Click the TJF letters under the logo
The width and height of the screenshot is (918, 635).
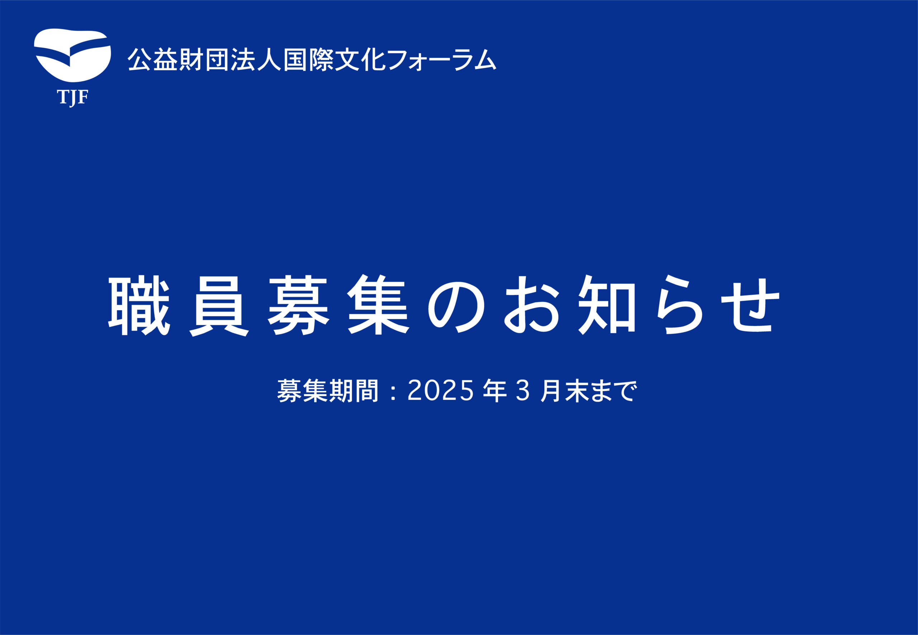point(72,98)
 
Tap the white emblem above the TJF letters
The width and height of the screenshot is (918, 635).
point(72,55)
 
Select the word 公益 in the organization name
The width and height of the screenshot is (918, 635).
point(153,60)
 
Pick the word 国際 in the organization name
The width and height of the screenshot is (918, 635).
point(308,60)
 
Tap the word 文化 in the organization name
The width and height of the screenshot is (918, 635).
point(360,60)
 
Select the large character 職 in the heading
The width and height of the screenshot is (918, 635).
point(139,305)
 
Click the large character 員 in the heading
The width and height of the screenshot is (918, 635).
point(219,305)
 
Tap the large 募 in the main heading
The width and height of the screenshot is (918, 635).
point(298,305)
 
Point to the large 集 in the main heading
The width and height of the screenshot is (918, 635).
point(378,305)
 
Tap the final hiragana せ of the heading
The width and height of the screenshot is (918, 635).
point(750,305)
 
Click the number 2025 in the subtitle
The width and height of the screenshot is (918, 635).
point(441,391)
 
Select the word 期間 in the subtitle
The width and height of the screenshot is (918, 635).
point(354,391)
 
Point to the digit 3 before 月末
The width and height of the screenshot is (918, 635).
point(523,391)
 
